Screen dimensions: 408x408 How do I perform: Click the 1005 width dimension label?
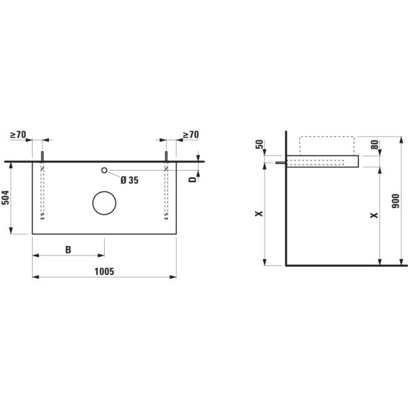(x=104, y=271)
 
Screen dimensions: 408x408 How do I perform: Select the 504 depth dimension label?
(x=5, y=197)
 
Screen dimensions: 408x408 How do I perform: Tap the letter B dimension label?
(x=68, y=250)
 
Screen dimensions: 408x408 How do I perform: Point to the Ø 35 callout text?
(x=130, y=180)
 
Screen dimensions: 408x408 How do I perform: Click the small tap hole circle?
(x=104, y=170)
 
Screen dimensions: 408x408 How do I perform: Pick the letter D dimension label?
(x=192, y=180)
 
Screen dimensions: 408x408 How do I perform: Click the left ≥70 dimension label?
(x=18, y=135)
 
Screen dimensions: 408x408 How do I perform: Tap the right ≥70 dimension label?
(x=190, y=135)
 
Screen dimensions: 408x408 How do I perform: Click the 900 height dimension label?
(x=396, y=201)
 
